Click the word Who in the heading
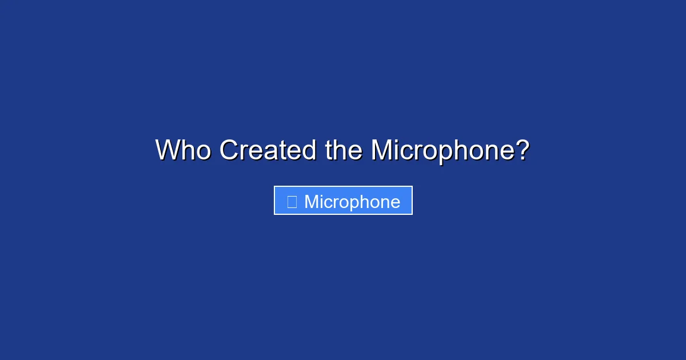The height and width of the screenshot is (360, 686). point(183,150)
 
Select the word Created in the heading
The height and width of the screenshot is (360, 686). point(268,150)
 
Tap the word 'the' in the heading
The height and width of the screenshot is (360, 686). point(344,150)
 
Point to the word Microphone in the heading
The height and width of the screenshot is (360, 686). point(443,152)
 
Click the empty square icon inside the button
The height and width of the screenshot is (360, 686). point(292,202)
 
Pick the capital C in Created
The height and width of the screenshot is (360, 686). point(229,150)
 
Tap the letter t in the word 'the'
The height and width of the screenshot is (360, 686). point(328,150)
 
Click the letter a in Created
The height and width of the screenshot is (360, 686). point(272,153)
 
